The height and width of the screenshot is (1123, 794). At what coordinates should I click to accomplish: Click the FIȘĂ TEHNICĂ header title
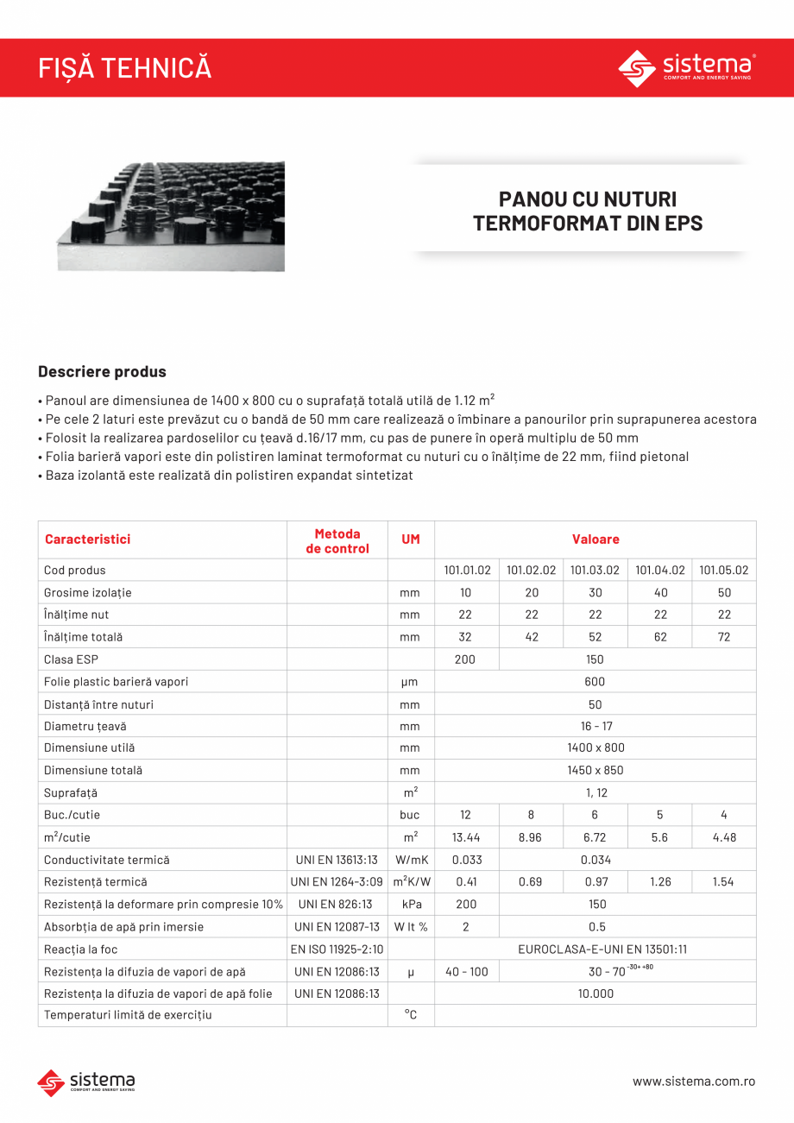coord(125,68)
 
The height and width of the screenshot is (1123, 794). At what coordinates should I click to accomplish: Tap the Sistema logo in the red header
coord(687,68)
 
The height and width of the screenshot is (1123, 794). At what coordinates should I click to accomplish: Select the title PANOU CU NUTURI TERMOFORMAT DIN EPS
coord(588,211)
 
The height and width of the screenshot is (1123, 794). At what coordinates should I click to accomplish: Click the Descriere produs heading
coord(102,372)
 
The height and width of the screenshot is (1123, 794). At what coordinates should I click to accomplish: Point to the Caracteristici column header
coord(87,539)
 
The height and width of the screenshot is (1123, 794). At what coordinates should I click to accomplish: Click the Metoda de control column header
coord(337,541)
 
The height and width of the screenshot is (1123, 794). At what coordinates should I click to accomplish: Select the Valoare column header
coord(595,539)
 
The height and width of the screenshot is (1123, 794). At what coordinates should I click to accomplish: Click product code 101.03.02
coord(595,571)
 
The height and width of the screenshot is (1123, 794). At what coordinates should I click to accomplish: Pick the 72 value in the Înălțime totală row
coord(723,637)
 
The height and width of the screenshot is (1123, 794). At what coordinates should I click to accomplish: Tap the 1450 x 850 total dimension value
coord(595,770)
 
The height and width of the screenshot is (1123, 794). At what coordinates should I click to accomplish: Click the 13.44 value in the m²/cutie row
coord(466,837)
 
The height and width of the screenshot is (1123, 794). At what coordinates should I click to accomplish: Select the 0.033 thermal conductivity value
coord(466,860)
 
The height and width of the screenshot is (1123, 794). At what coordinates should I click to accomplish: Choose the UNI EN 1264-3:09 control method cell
coord(337,882)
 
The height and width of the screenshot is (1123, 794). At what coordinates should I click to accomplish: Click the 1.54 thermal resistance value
coord(723,882)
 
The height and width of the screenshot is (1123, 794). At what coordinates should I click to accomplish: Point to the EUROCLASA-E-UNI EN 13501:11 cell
coord(595,950)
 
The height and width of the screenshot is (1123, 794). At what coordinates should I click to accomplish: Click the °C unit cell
coord(411,1015)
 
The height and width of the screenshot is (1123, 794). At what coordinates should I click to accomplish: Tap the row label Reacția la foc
coord(80,950)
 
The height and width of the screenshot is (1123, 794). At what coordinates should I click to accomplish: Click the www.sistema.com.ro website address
coord(694,1082)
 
